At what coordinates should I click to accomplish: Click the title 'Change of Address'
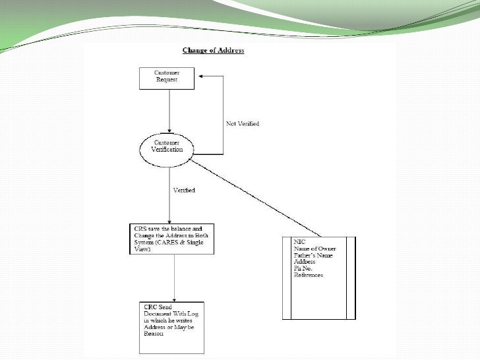pos(213,51)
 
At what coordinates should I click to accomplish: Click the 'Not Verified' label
pos(242,124)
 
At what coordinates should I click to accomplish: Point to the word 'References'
pos(309,275)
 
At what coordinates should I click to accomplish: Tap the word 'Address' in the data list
pos(305,262)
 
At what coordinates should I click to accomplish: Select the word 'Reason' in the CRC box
pos(154,334)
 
